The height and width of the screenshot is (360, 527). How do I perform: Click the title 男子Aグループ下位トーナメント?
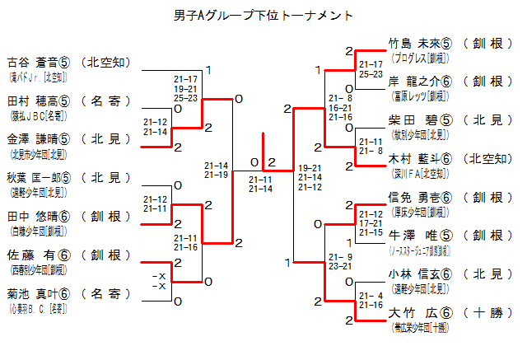[x=263, y=15]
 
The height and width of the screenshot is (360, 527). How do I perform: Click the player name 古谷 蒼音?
[x=31, y=61]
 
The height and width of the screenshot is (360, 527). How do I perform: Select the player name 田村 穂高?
[x=31, y=101]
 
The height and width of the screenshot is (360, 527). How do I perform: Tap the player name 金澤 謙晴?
[x=31, y=139]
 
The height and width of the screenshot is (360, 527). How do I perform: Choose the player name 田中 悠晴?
[x=31, y=216]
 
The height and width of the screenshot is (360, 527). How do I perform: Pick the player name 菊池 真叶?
[x=31, y=293]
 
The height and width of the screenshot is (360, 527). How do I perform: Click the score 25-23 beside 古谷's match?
[x=185, y=98]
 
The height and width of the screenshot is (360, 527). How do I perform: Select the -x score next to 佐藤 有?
[x=160, y=275]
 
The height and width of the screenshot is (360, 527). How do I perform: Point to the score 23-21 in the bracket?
[x=338, y=266]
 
